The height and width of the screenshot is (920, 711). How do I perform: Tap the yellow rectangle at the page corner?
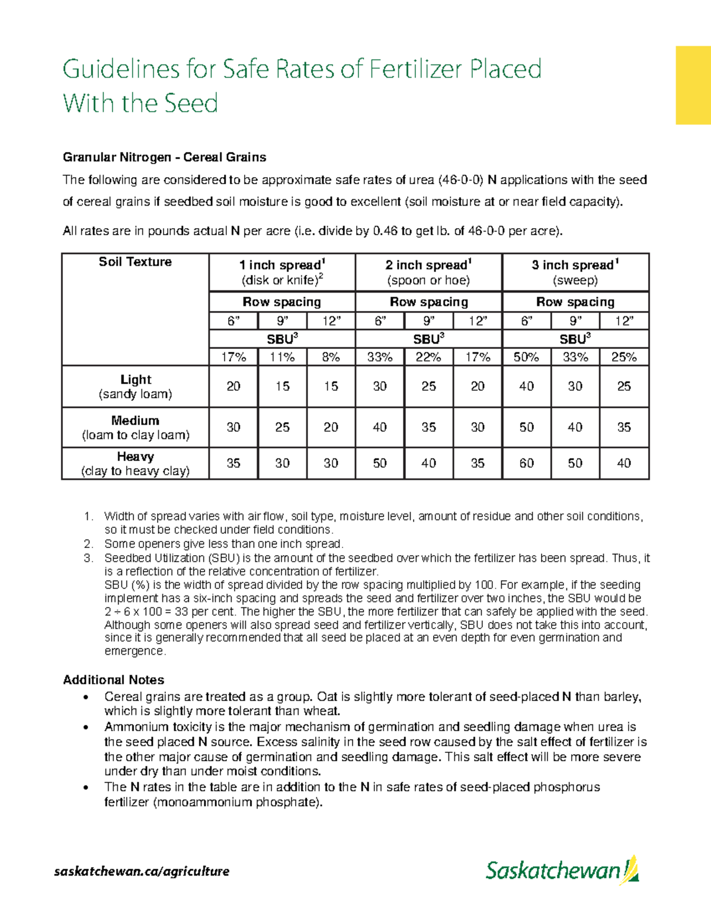pyautogui.click(x=693, y=85)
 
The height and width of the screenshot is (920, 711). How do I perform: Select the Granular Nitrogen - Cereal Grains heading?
pyautogui.click(x=164, y=158)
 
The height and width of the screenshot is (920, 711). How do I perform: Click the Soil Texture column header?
pyautogui.click(x=135, y=262)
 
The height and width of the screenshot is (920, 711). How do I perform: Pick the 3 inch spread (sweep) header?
pyautogui.click(x=575, y=272)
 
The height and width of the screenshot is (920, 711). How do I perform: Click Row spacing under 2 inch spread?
pyautogui.click(x=428, y=302)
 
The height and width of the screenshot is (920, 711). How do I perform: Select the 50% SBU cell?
pyautogui.click(x=526, y=357)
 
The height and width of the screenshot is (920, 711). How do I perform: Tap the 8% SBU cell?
pyautogui.click(x=331, y=357)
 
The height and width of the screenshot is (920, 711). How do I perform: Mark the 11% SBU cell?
pyautogui.click(x=282, y=357)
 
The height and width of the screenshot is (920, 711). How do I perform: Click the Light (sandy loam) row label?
pyautogui.click(x=135, y=386)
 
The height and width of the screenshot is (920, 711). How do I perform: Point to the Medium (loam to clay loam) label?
pyautogui.click(x=135, y=428)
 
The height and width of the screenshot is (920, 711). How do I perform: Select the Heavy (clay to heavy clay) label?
pyautogui.click(x=135, y=463)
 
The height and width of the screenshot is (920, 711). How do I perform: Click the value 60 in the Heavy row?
pyautogui.click(x=526, y=463)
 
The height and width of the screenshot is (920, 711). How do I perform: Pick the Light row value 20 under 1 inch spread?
pyautogui.click(x=233, y=386)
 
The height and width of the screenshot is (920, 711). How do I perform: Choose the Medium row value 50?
pyautogui.click(x=526, y=427)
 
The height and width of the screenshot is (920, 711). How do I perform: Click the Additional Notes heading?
pyautogui.click(x=113, y=680)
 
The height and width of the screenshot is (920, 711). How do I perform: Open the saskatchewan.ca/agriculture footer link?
pyautogui.click(x=142, y=871)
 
